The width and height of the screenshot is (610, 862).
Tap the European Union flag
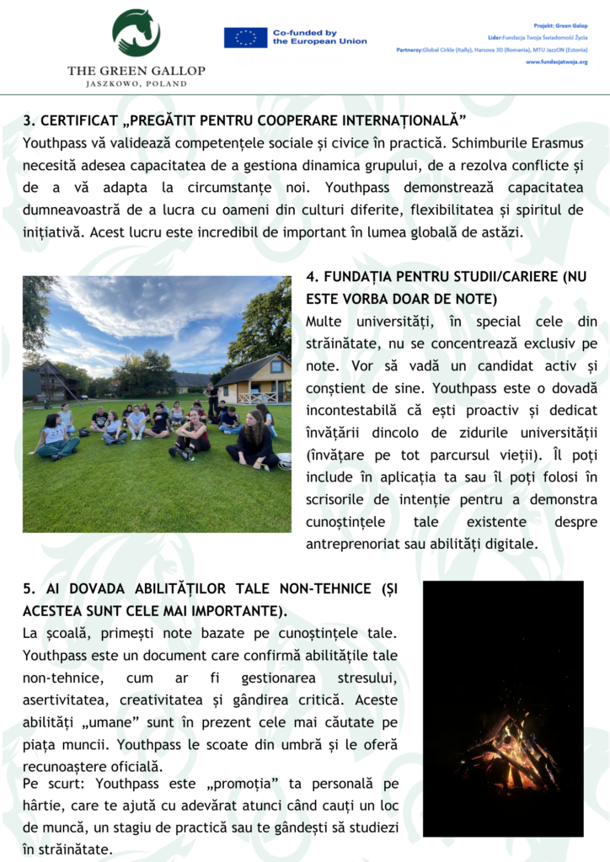[245, 37]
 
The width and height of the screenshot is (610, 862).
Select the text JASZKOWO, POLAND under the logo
[136, 84]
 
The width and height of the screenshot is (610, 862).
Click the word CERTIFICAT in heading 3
[77, 122]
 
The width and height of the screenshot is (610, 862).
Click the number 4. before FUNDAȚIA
[312, 277]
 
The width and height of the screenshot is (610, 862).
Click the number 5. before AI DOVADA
[29, 588]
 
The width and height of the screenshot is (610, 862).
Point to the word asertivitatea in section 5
[67, 700]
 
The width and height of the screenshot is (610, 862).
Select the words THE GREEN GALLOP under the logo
[136, 71]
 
